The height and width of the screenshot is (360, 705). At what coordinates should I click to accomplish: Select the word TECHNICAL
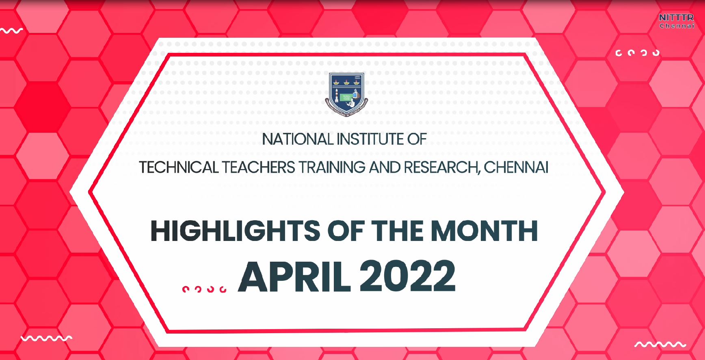click(x=179, y=167)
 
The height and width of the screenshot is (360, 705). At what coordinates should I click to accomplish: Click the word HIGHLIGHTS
click(x=235, y=231)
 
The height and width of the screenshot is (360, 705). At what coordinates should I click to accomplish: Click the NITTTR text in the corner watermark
click(x=676, y=18)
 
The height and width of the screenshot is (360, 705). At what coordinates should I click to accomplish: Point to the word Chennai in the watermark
click(x=677, y=26)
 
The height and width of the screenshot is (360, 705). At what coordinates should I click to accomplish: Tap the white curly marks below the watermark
click(x=638, y=53)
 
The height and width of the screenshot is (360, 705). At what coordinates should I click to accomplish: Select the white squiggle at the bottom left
click(x=46, y=338)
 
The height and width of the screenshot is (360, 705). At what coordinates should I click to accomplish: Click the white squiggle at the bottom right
click(x=660, y=345)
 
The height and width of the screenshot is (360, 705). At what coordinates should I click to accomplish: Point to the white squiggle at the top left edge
click(x=11, y=30)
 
